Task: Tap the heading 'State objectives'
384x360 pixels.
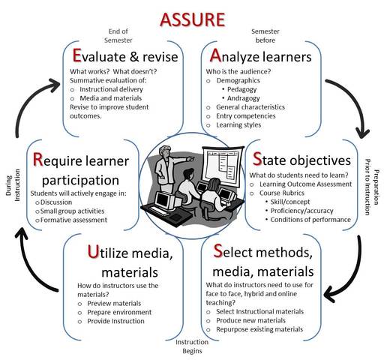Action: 301,160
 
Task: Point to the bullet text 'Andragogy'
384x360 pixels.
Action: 249,98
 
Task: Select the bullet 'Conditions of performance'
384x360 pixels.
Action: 310,220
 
